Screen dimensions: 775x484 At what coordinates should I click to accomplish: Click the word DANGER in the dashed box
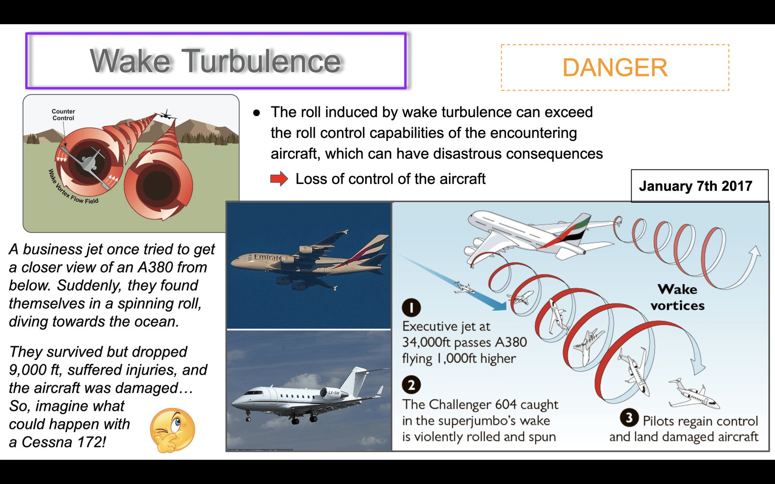pyautogui.click(x=615, y=67)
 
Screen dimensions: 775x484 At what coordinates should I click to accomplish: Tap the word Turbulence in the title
pyautogui.click(x=262, y=61)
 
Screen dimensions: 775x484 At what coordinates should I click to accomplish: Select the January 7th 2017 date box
pyautogui.click(x=699, y=186)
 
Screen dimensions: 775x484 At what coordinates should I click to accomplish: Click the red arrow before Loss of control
pyautogui.click(x=279, y=179)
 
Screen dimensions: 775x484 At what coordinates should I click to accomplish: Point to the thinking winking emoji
pyautogui.click(x=172, y=430)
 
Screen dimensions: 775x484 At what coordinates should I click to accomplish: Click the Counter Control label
pyautogui.click(x=63, y=115)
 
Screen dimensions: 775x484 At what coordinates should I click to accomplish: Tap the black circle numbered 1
pyautogui.click(x=411, y=307)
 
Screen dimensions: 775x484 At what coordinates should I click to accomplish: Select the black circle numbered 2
pyautogui.click(x=411, y=385)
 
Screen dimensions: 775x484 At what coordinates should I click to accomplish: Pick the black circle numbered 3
pyautogui.click(x=629, y=418)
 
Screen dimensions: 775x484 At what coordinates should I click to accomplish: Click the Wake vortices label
pyautogui.click(x=678, y=297)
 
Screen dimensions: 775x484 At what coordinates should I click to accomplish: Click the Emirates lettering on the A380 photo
pyautogui.click(x=267, y=258)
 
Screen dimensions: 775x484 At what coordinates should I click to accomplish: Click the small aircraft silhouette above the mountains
pyautogui.click(x=165, y=114)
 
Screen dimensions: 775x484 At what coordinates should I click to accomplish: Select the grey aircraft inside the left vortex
pyautogui.click(x=90, y=161)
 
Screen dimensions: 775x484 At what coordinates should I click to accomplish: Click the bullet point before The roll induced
pyautogui.click(x=256, y=113)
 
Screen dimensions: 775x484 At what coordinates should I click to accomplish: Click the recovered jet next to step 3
pyautogui.click(x=694, y=394)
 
